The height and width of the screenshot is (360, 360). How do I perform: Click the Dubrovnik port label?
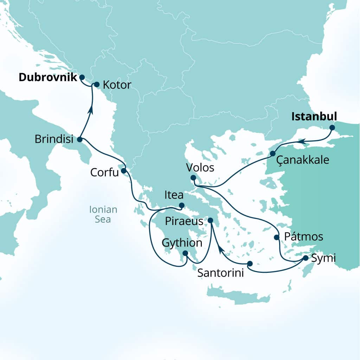point(47,77)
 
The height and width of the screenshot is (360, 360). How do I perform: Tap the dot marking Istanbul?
point(332,128)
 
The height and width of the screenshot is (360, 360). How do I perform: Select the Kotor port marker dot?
point(97,85)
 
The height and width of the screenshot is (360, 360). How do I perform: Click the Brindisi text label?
point(54,140)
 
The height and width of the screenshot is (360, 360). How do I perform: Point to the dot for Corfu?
point(124,171)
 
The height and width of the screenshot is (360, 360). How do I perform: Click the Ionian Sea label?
point(103,215)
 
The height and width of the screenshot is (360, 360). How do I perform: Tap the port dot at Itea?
point(181,205)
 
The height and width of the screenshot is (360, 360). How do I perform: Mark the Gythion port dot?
point(185,253)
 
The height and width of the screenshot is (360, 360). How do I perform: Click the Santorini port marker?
point(250,263)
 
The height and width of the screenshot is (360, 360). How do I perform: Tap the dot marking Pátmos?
point(276,237)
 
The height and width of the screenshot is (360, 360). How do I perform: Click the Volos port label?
point(201,168)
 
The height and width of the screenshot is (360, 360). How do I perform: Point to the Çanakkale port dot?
point(272,154)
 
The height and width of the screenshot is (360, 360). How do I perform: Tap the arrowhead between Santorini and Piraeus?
point(220,249)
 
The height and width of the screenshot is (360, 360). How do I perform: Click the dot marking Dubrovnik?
point(82,77)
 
